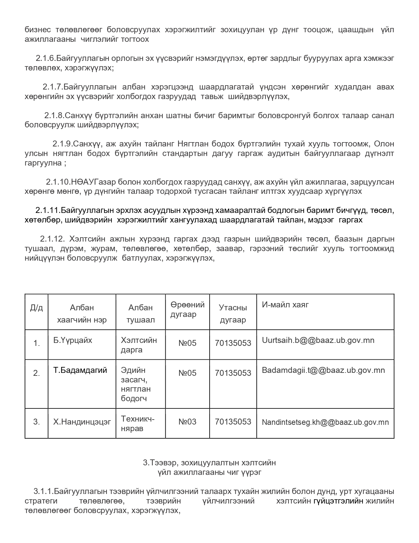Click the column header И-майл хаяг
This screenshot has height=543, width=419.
[285, 305]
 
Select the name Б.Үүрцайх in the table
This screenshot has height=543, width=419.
[73, 340]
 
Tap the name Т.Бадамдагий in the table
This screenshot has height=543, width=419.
[80, 370]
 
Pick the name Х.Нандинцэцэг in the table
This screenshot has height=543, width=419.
[82, 422]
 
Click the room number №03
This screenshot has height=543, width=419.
[187, 422]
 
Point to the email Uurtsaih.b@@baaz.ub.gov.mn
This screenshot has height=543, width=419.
[318, 340]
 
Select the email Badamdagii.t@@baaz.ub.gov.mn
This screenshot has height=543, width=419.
[323, 370]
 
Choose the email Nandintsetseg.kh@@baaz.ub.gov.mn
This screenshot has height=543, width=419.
[325, 422]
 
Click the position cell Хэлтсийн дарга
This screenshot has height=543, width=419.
[139, 345]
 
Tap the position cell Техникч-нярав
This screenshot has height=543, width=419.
[137, 424]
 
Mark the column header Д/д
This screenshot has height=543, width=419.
[36, 308]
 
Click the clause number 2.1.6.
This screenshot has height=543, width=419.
[46, 59]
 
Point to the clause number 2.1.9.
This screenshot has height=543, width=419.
[62, 144]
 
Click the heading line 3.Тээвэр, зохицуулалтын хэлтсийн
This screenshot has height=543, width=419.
[209, 463]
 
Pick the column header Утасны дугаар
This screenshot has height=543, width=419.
[233, 314]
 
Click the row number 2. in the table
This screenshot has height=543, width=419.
[36, 373]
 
